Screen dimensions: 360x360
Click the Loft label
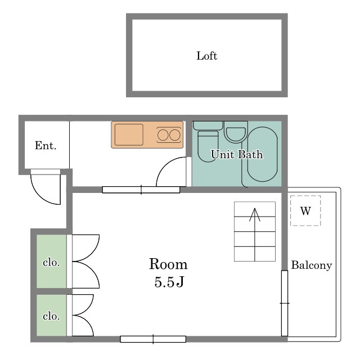[206, 56]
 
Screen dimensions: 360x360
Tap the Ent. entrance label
[46, 145]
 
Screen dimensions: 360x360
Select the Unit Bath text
[237, 154]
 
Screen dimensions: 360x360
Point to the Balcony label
[312, 265]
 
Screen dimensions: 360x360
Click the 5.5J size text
[169, 282]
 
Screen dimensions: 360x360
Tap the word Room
[168, 264]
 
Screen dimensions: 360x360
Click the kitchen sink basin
[129, 135]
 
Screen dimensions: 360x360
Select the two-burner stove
[169, 135]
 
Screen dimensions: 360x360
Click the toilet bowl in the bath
[208, 146]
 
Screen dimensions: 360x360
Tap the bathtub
[263, 154]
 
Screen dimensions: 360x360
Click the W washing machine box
[305, 211]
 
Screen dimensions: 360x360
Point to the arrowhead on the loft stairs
[255, 214]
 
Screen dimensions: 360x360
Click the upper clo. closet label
[51, 263]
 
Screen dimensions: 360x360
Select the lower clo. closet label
[51, 316]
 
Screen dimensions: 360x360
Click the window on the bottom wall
[153, 339]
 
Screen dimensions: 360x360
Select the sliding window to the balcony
[285, 303]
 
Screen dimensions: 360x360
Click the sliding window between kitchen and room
[141, 190]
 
